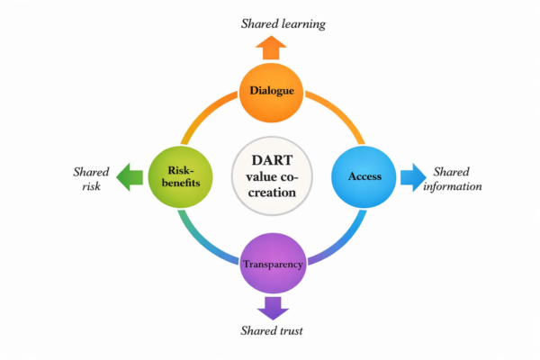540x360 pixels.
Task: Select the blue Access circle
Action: point(364,176)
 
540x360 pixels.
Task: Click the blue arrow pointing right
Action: point(412,176)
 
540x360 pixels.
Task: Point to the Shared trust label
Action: point(272,332)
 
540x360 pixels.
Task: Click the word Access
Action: point(364,176)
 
